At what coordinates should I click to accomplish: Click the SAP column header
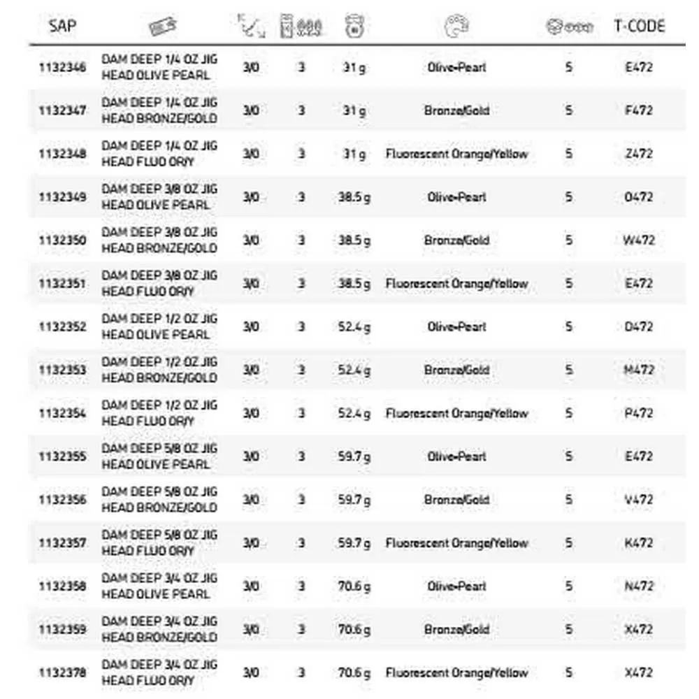pos(62,27)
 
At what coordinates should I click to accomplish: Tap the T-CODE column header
pos(639,27)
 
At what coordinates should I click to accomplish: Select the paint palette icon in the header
pos(456,27)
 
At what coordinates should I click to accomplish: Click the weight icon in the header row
pos(354,27)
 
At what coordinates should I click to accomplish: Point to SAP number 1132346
pos(63,68)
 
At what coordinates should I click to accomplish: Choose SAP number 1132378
pos(63,672)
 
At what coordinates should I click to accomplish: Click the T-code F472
pos(638,110)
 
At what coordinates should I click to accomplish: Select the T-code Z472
pos(638,154)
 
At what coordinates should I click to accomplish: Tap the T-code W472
pos(638,240)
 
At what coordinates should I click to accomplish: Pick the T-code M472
pos(638,370)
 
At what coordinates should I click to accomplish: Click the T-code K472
pos(638,543)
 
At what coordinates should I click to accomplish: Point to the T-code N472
pos(638,586)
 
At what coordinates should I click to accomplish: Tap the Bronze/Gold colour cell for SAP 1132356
pos(456,500)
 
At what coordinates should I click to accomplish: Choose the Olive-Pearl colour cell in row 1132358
pos(456,586)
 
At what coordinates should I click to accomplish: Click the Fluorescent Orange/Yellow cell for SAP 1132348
pos(456,154)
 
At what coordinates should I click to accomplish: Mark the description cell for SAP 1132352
pos(159,326)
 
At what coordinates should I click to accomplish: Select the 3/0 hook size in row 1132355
pos(250,456)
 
